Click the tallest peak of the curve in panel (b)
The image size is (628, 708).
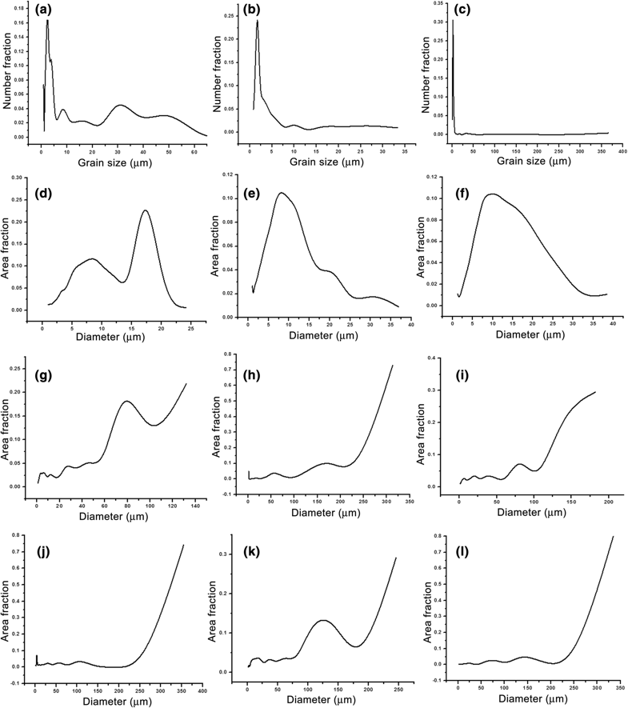coord(258,20)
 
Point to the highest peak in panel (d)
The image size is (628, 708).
coord(145,210)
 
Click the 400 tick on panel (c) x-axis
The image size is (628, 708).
coord(619,150)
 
